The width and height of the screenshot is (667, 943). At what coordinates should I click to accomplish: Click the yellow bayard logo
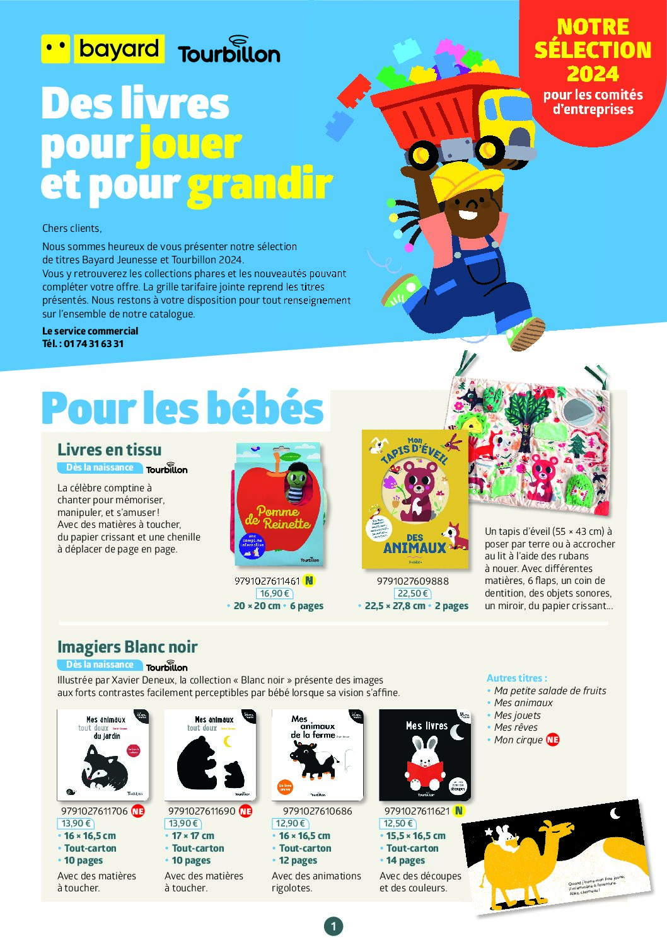pos(103,49)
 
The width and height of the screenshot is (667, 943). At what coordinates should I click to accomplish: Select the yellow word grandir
pos(260,185)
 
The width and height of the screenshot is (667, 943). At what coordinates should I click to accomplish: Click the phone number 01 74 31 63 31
pos(93,344)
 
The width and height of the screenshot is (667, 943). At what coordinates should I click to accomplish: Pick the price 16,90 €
pos(274,593)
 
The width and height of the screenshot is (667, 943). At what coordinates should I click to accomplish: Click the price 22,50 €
pos(413,593)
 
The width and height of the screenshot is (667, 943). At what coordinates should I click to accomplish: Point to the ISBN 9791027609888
pos(413,581)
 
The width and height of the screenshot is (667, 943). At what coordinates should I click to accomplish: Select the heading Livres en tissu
pos(109,450)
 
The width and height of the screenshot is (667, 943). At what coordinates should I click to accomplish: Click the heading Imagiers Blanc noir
pos(127,647)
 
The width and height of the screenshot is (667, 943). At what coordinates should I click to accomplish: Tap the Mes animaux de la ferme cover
pos(317,755)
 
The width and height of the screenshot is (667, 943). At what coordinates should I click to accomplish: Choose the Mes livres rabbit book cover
pos(424,755)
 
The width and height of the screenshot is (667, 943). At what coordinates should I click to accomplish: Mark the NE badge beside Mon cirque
pos(553,740)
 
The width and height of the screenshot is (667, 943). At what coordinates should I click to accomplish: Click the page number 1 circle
pos(333,926)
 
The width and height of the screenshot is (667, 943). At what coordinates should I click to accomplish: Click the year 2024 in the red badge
pos(593,74)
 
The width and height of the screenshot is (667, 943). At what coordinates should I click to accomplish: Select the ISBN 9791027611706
pos(94,811)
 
